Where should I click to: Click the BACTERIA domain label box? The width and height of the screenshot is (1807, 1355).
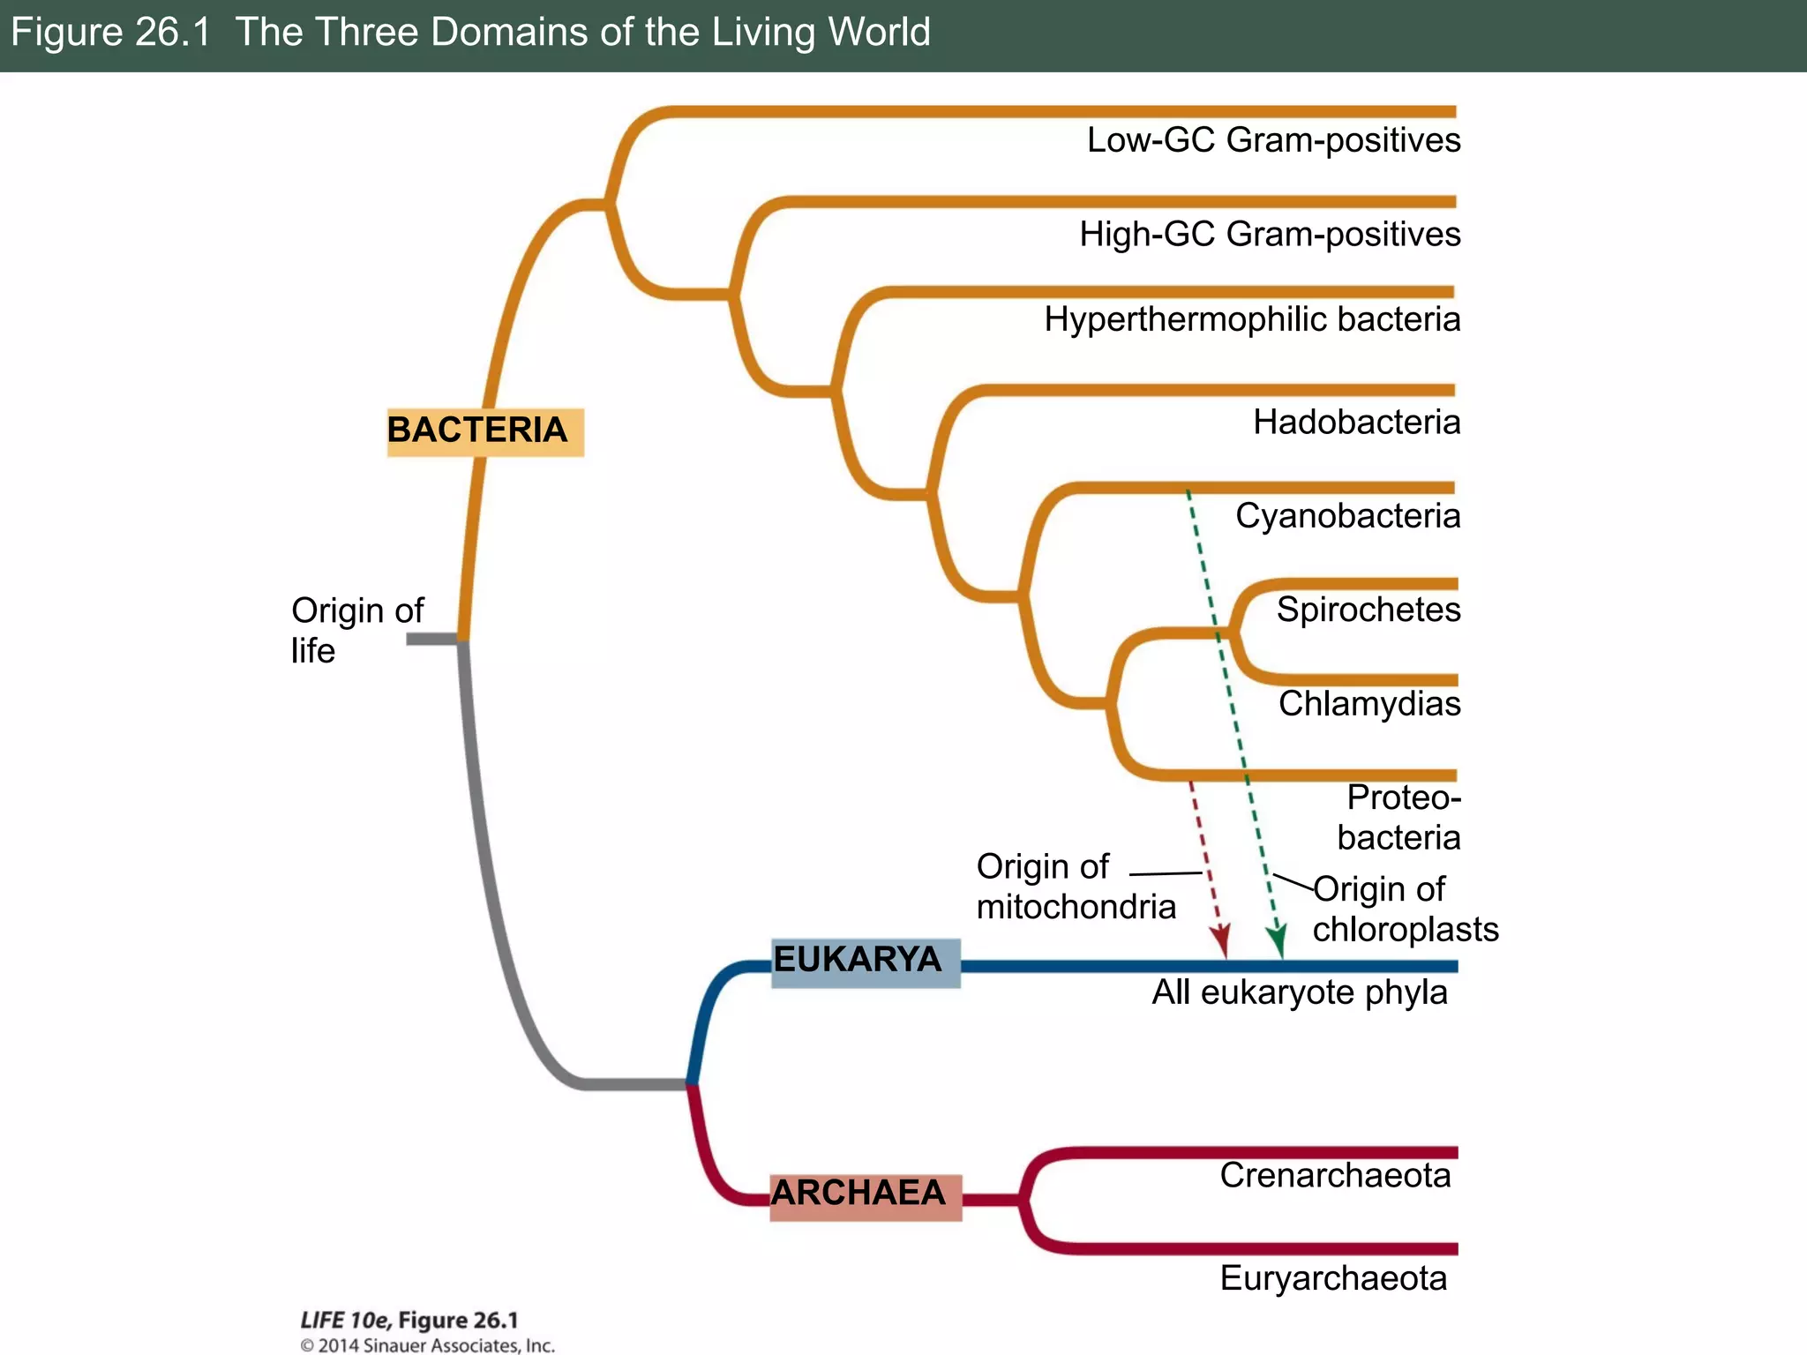pyautogui.click(x=484, y=431)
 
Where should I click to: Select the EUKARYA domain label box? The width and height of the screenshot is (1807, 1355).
pyautogui.click(x=865, y=962)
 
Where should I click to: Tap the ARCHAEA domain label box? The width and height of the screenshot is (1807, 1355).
pyautogui.click(x=865, y=1196)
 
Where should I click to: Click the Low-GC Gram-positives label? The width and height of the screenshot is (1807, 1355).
pyautogui.click(x=1273, y=140)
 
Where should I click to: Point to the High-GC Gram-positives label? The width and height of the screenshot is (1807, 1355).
pyautogui.click(x=1270, y=235)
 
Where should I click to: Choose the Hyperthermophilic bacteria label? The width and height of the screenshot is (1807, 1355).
pyautogui.click(x=1252, y=319)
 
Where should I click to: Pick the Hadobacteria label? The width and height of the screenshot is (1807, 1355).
pyautogui.click(x=1356, y=423)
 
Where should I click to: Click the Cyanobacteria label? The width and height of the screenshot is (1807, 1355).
pyautogui.click(x=1347, y=516)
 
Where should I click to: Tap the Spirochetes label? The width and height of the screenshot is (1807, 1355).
pyautogui.click(x=1368, y=610)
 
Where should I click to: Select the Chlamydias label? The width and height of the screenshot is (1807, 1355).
pyautogui.click(x=1369, y=704)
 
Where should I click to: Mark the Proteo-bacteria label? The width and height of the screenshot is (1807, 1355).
pyautogui.click(x=1399, y=818)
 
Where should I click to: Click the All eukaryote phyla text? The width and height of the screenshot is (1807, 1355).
pyautogui.click(x=1299, y=992)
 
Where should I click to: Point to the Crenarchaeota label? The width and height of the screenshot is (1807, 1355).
pyautogui.click(x=1335, y=1176)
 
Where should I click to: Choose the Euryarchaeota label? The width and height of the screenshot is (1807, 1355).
pyautogui.click(x=1333, y=1278)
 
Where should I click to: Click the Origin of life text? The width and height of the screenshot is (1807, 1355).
pyautogui.click(x=356, y=630)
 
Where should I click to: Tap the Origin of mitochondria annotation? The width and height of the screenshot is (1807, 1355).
pyautogui.click(x=1076, y=887)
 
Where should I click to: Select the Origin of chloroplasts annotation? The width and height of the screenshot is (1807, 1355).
pyautogui.click(x=1405, y=910)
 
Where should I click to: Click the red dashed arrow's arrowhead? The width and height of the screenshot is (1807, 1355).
pyautogui.click(x=1222, y=944)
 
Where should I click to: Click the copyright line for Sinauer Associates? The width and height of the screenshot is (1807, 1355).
pyautogui.click(x=427, y=1345)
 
